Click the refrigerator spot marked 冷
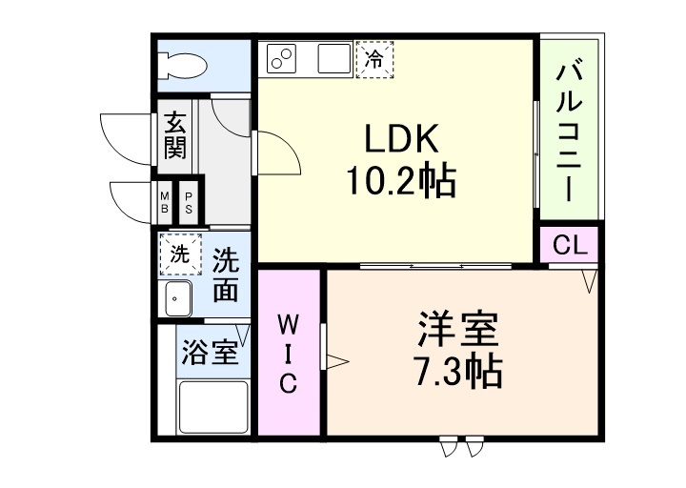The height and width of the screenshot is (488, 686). (374, 58)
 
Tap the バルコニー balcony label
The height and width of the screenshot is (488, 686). (569, 130)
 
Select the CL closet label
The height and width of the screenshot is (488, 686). (570, 245)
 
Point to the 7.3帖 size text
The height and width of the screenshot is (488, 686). (456, 373)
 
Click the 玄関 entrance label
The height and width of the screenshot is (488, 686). (174, 136)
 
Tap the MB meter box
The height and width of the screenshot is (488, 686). (165, 202)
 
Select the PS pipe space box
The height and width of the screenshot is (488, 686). (189, 202)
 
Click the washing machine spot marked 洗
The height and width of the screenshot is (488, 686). (179, 254)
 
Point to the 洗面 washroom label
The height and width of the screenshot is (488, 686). (225, 274)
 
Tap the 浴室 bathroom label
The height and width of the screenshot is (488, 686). (208, 353)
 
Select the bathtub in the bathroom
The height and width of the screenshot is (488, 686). (213, 406)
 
